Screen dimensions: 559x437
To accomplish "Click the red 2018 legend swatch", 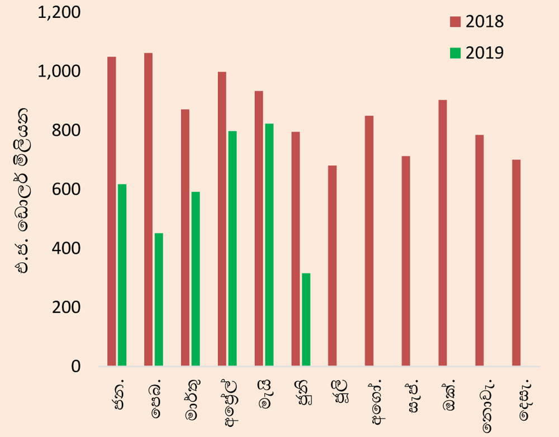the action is pyautogui.click(x=455, y=22).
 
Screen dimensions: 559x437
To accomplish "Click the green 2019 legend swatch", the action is pyautogui.click(x=455, y=53).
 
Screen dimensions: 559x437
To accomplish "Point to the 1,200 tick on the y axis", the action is pyautogui.click(x=59, y=13).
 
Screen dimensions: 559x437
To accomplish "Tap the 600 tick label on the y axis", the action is pyautogui.click(x=67, y=189).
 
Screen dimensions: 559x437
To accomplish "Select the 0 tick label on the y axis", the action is pyautogui.click(x=75, y=366).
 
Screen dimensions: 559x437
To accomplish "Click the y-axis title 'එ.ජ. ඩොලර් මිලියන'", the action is pyautogui.click(x=21, y=191).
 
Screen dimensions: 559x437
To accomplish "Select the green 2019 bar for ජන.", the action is pyautogui.click(x=122, y=275).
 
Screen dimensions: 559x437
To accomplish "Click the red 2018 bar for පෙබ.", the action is pyautogui.click(x=148, y=210).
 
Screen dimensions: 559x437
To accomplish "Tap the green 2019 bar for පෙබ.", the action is pyautogui.click(x=159, y=300).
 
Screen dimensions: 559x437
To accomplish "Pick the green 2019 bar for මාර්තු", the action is pyautogui.click(x=196, y=279).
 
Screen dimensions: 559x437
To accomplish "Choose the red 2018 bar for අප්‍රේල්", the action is pyautogui.click(x=222, y=219).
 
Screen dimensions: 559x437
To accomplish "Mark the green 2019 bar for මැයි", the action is pyautogui.click(x=269, y=245).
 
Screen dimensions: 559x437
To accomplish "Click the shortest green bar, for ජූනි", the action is pyautogui.click(x=306, y=320).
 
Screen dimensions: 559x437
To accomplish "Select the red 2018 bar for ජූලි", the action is pyautogui.click(x=332, y=266).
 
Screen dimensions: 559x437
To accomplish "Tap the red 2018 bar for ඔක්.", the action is pyautogui.click(x=443, y=233).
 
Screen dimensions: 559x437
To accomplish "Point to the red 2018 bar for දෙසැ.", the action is pyautogui.click(x=516, y=263).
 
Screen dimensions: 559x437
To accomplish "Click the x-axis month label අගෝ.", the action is pyautogui.click(x=378, y=401).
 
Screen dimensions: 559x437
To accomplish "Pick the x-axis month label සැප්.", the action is pyautogui.click(x=414, y=396).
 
